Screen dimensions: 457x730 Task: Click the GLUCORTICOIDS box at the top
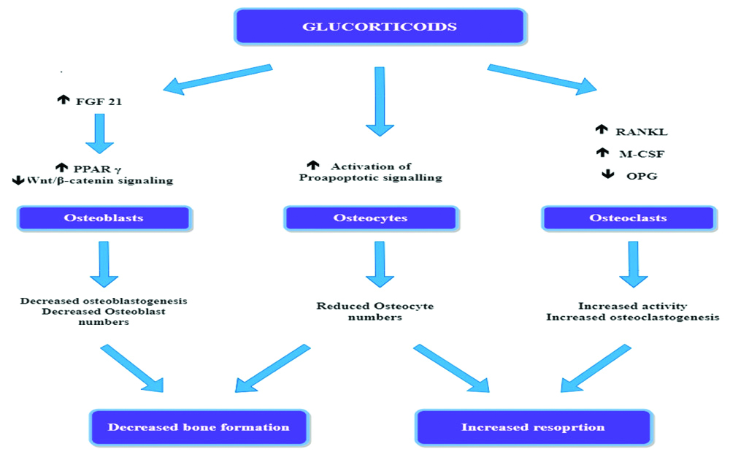[x=380, y=28]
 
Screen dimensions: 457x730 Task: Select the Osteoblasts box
[x=105, y=218]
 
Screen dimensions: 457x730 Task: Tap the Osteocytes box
[x=370, y=218]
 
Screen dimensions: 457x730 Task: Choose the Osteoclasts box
[x=628, y=218]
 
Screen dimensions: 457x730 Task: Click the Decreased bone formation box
[x=199, y=427]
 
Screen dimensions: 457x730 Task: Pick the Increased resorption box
[x=533, y=427]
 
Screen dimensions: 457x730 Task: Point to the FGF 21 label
[x=99, y=101]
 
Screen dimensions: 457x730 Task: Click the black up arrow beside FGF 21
[x=63, y=100]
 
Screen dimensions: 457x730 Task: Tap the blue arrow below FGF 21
[x=100, y=131]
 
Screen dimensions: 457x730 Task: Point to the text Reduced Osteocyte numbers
[x=374, y=312]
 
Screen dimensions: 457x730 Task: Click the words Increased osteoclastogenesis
[x=632, y=318]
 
